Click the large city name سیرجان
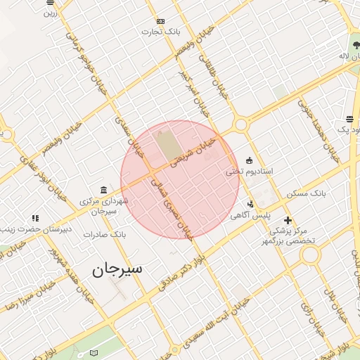[117, 269]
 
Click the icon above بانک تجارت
[160, 21]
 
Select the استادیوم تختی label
[249, 171]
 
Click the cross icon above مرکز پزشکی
[288, 220]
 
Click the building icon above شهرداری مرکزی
[104, 191]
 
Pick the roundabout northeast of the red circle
[241, 125]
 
